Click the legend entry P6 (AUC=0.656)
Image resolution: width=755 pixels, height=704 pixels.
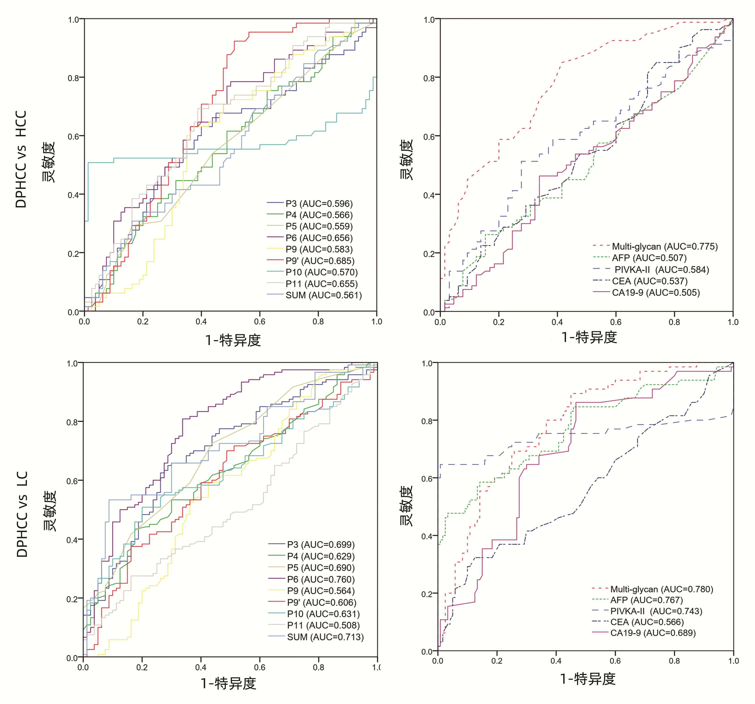pyautogui.click(x=319, y=238)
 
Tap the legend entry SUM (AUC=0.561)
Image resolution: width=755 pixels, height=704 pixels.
pyautogui.click(x=324, y=295)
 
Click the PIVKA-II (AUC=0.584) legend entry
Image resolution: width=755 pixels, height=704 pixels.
pyautogui.click(x=662, y=270)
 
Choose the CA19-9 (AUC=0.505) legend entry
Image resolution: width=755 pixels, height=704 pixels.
pyautogui.click(x=655, y=293)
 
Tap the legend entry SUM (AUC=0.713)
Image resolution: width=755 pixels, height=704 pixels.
pyautogui.click(x=325, y=637)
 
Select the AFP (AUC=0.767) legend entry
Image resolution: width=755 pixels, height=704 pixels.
pyautogui.click(x=646, y=600)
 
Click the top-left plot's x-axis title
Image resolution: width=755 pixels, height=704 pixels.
pyautogui.click(x=233, y=340)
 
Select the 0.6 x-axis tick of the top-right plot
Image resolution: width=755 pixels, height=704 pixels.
pyautogui.click(x=616, y=322)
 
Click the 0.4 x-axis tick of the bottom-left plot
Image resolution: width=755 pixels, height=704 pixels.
pyautogui.click(x=200, y=667)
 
